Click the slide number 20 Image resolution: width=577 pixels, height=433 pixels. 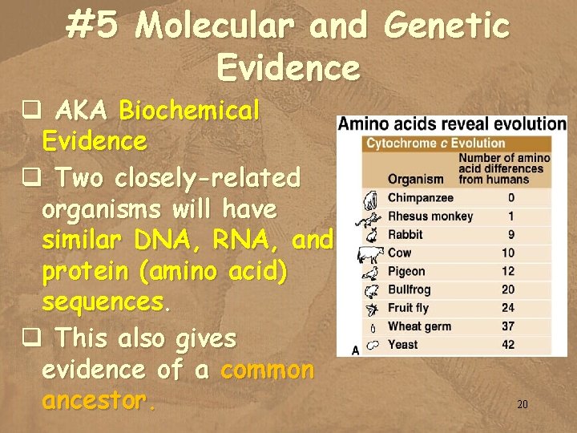pos(523,405)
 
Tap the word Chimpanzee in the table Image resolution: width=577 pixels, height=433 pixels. pos(420,197)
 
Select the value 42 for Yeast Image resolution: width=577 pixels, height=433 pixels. pos(508,345)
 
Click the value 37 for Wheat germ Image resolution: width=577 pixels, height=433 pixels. pos(508,326)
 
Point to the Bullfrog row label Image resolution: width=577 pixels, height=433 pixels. pos(409,289)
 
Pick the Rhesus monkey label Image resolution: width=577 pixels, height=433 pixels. pos(430,216)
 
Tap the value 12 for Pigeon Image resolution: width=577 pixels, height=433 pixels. pos(508,271)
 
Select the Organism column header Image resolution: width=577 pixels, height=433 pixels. pos(415,179)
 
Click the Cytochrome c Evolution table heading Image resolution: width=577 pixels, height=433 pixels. pos(436,144)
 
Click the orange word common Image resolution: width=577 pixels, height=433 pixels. pos(268,370)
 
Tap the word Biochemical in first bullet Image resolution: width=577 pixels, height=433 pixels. pos(189,111)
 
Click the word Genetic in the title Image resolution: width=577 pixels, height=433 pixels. pos(446,26)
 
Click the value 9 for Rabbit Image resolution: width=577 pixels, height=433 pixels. pos(510,234)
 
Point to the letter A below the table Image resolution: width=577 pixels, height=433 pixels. pos(355,350)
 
